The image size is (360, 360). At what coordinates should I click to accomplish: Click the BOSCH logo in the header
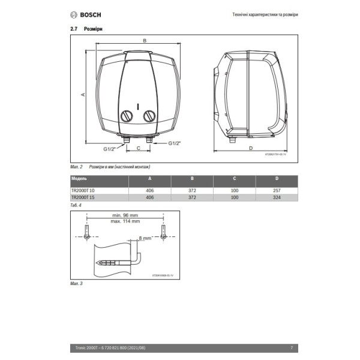pyautogui.click(x=83, y=14)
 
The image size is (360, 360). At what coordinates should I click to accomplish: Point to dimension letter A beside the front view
pyautogui.click(x=83, y=94)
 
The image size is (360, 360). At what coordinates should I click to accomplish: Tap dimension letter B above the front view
pyautogui.click(x=145, y=41)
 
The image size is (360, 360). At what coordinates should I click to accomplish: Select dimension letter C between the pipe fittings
pyautogui.click(x=139, y=147)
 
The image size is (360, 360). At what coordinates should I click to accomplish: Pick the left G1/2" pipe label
pyautogui.click(x=109, y=148)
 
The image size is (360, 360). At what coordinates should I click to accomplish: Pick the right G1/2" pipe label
pyautogui.click(x=174, y=143)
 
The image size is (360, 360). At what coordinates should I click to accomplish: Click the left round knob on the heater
pyautogui.click(x=127, y=116)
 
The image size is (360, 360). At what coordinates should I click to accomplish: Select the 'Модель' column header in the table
pyautogui.click(x=79, y=179)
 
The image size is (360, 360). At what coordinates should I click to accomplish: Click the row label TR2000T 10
pyautogui.click(x=83, y=190)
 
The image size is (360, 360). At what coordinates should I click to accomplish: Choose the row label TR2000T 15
pyautogui.click(x=83, y=197)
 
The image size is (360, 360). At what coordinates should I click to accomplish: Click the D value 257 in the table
pyautogui.click(x=277, y=190)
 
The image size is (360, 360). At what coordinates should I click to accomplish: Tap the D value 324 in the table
pyautogui.click(x=277, y=197)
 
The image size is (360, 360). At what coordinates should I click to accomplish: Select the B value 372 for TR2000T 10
pyautogui.click(x=192, y=190)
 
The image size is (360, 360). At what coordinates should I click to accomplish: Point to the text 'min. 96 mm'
pyautogui.click(x=125, y=215)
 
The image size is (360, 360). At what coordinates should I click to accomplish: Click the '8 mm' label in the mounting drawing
pyautogui.click(x=145, y=238)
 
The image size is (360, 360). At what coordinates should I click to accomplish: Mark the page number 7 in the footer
pyautogui.click(x=291, y=347)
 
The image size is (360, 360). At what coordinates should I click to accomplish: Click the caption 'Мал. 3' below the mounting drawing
pyautogui.click(x=76, y=283)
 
